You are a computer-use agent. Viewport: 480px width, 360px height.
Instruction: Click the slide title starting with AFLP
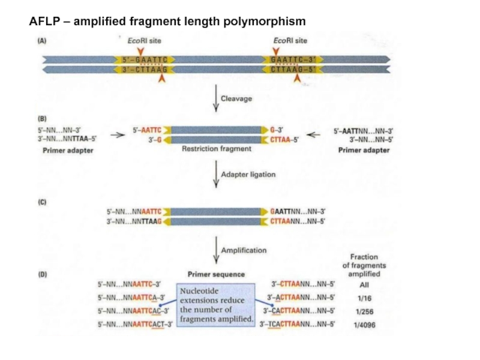tap(167, 22)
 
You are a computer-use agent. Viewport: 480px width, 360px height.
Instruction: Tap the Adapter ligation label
tap(248, 174)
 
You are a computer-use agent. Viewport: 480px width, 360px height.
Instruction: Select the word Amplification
tap(244, 250)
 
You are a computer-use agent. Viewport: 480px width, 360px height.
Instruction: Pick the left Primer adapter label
tap(68, 151)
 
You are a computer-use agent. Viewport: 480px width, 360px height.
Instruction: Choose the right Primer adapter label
tap(364, 151)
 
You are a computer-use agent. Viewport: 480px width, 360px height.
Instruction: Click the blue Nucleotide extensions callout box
tap(216, 305)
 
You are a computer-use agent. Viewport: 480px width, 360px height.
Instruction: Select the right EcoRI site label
tap(290, 41)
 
